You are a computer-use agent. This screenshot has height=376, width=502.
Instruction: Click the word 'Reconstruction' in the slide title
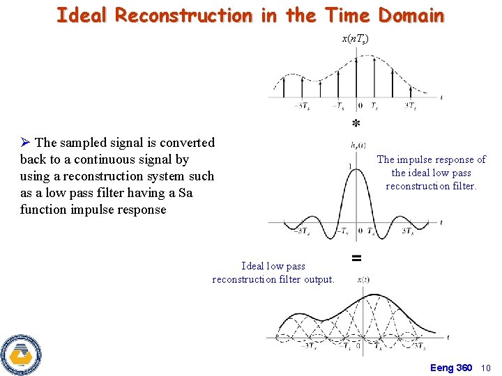pyautogui.click(x=183, y=15)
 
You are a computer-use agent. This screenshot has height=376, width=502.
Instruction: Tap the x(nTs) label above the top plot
pyautogui.click(x=356, y=40)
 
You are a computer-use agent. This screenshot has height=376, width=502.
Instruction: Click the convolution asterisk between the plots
pyautogui.click(x=356, y=124)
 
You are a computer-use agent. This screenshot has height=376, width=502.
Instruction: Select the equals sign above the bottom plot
pyautogui.click(x=356, y=258)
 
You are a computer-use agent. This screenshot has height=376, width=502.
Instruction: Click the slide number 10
pyautogui.click(x=486, y=368)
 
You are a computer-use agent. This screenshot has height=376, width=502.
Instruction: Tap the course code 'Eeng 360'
pyautogui.click(x=451, y=368)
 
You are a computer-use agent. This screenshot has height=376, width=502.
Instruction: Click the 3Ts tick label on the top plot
pyautogui.click(x=411, y=107)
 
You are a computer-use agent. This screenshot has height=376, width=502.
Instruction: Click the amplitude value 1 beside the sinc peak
pyautogui.click(x=349, y=166)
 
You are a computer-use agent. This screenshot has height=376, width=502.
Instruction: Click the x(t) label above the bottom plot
pyautogui.click(x=363, y=279)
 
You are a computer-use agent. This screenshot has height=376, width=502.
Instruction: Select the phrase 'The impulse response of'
pyautogui.click(x=431, y=159)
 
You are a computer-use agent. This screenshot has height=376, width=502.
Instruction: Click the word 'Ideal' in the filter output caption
pyautogui.click(x=252, y=266)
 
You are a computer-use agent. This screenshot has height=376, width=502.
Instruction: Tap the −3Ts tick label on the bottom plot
pyautogui.click(x=307, y=346)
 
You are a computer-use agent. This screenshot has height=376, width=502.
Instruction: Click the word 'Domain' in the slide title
pyautogui.click(x=411, y=15)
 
